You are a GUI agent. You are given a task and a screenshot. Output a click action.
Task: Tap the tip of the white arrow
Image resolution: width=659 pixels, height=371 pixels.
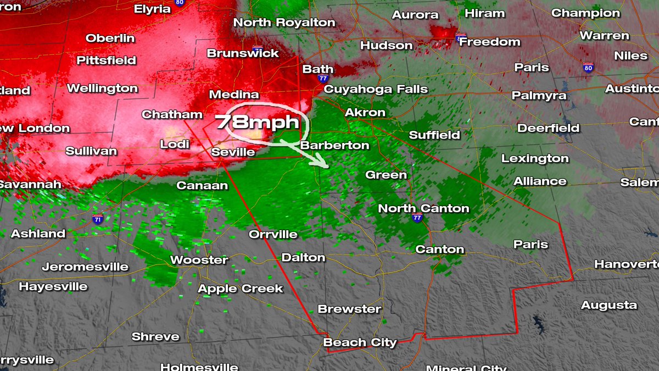click(x=328, y=166)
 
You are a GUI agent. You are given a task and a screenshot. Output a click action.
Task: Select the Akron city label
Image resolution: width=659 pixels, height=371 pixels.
click(x=365, y=113)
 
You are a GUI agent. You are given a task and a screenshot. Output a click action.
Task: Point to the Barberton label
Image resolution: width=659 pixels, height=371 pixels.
click(x=334, y=146)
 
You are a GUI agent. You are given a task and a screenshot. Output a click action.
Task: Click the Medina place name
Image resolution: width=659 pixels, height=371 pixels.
click(x=234, y=95)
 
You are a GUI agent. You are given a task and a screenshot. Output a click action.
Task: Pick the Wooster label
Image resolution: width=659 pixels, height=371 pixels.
click(x=199, y=260)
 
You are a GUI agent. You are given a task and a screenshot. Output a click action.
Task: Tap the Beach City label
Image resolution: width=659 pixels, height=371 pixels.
click(x=360, y=342)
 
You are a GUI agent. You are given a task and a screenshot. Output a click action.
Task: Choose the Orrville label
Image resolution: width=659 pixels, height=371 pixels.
click(x=273, y=234)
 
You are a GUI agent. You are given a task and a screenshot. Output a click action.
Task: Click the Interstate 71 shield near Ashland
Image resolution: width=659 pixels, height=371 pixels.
click(x=98, y=219)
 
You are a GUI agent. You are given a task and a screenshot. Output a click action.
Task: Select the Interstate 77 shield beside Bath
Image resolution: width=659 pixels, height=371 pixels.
click(x=323, y=79)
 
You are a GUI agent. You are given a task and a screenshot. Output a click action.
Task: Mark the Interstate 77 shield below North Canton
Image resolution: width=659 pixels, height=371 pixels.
click(x=417, y=218)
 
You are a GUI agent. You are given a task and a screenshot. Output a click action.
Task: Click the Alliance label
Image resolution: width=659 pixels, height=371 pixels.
click(x=540, y=181)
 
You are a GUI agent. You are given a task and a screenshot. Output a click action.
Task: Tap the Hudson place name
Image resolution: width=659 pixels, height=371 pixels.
click(x=387, y=46)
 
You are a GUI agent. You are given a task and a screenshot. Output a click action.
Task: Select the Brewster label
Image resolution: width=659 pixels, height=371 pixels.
click(x=349, y=309)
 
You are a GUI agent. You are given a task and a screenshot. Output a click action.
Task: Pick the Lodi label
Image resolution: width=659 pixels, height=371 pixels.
click(x=175, y=144)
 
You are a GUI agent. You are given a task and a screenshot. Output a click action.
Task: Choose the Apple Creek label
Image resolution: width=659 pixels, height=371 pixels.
click(x=240, y=289)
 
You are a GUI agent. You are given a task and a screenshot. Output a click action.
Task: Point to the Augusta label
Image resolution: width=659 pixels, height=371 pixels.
click(x=609, y=305)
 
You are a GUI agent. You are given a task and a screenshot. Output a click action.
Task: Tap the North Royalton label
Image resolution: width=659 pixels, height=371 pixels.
click(x=284, y=23)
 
